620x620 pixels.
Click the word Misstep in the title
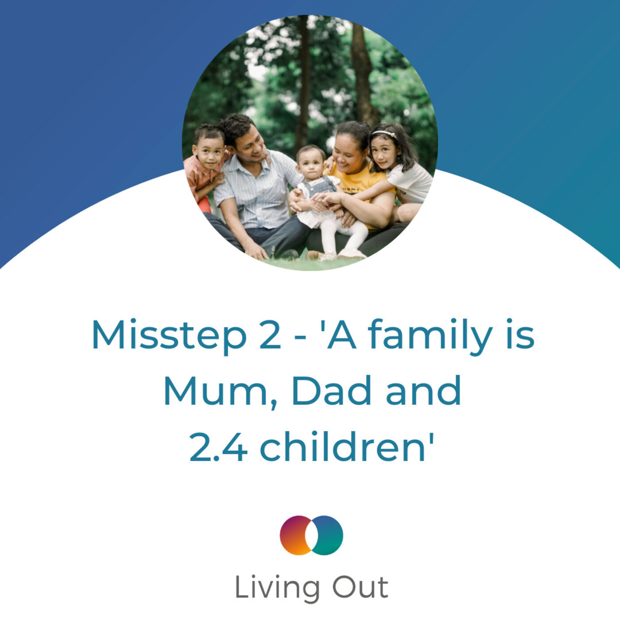tap(169, 335)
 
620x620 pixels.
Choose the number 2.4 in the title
tap(218, 447)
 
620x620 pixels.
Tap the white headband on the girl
tap(384, 133)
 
